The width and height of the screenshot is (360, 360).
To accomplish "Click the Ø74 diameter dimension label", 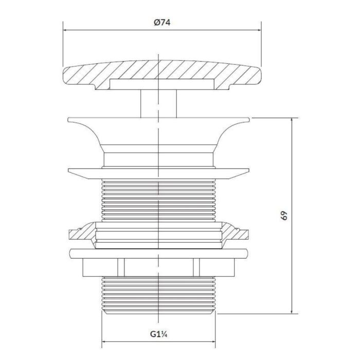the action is (162, 23).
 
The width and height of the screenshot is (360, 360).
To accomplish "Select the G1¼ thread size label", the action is (158, 334).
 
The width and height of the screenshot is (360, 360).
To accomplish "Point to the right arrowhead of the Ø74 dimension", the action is (259, 30).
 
